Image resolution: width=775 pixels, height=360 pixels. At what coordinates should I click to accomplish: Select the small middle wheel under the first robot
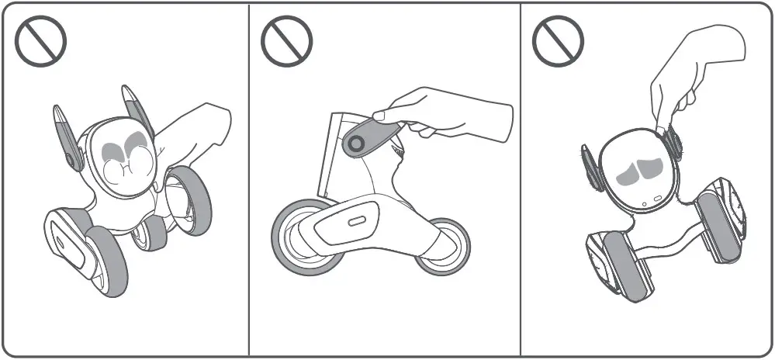(147, 233)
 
